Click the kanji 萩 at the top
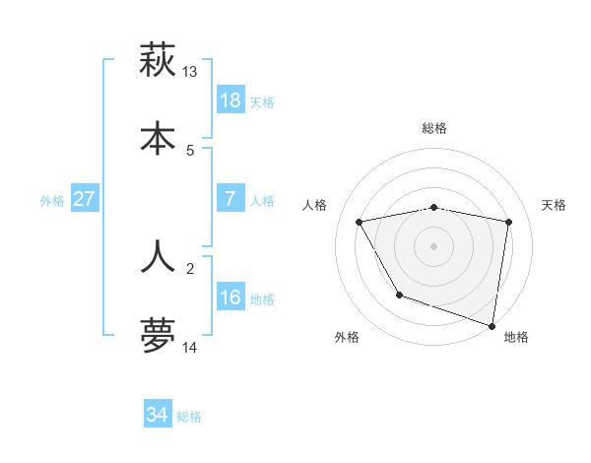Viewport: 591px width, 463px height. [x=158, y=61]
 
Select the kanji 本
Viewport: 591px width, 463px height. [x=158, y=139]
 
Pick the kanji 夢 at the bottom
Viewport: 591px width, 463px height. [x=158, y=336]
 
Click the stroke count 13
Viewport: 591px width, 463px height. [x=189, y=72]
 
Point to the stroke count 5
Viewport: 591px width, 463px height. [x=190, y=151]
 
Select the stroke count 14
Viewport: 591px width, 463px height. [x=190, y=348]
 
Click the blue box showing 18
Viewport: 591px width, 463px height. [x=230, y=100]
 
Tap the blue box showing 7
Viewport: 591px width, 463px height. [x=230, y=199]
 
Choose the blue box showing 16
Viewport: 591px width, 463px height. [x=230, y=298]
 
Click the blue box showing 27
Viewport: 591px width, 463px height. [x=84, y=199]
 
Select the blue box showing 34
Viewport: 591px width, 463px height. [x=157, y=415]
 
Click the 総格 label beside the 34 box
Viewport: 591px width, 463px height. [x=189, y=417]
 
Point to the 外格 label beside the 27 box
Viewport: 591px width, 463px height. [x=52, y=201]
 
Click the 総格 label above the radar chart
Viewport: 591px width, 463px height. [x=433, y=128]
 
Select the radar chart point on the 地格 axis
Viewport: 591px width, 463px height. [x=492, y=325]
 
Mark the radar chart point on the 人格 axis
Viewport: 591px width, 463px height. [x=360, y=223]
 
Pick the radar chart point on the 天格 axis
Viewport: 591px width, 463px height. [x=508, y=223]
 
